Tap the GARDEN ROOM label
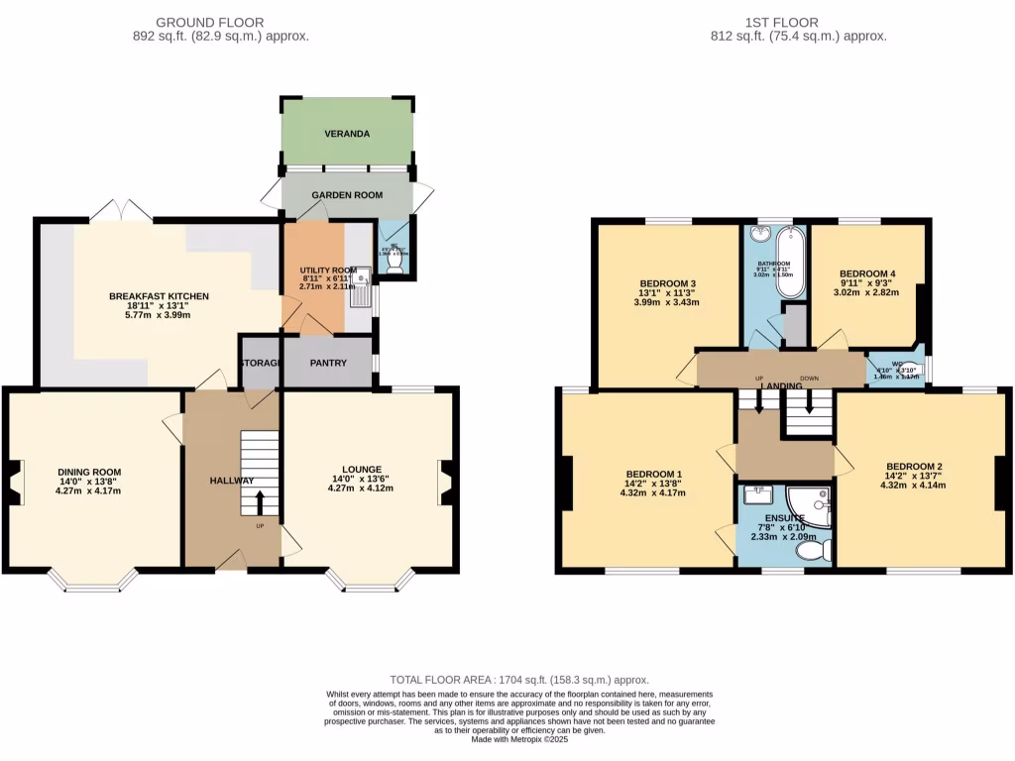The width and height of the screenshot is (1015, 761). coord(347,195)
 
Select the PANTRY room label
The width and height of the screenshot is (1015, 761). coord(328,363)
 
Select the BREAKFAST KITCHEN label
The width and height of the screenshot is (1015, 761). coord(159,296)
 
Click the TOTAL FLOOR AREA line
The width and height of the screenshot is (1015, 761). coord(519,680)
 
